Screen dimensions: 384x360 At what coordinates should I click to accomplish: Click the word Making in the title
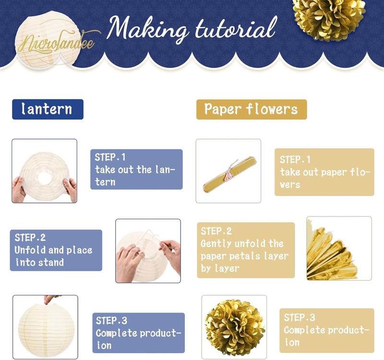pos(147,28)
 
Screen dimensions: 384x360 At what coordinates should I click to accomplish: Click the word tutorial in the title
pos(236,29)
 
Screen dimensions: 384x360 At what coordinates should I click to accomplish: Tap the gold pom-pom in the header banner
pos(329,18)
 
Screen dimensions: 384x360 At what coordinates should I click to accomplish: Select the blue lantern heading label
pos(48,109)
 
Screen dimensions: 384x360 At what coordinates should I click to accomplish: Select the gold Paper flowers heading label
pos(252,109)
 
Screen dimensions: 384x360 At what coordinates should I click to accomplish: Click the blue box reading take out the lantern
pos(136,169)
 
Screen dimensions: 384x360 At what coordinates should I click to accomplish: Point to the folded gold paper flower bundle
pos(230,174)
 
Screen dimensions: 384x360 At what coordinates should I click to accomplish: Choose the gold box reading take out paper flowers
pos(324,172)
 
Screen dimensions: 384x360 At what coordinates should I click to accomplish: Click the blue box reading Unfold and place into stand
pos(56,250)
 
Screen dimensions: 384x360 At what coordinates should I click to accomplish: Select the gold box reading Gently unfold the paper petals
pos(246,250)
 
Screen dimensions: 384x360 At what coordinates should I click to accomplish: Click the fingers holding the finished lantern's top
pos(50,299)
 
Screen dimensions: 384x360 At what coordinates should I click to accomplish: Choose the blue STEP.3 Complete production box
pos(139,333)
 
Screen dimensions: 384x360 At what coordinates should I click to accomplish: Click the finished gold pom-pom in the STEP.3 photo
pos(235,328)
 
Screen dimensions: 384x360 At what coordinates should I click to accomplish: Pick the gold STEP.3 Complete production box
pos(327,330)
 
